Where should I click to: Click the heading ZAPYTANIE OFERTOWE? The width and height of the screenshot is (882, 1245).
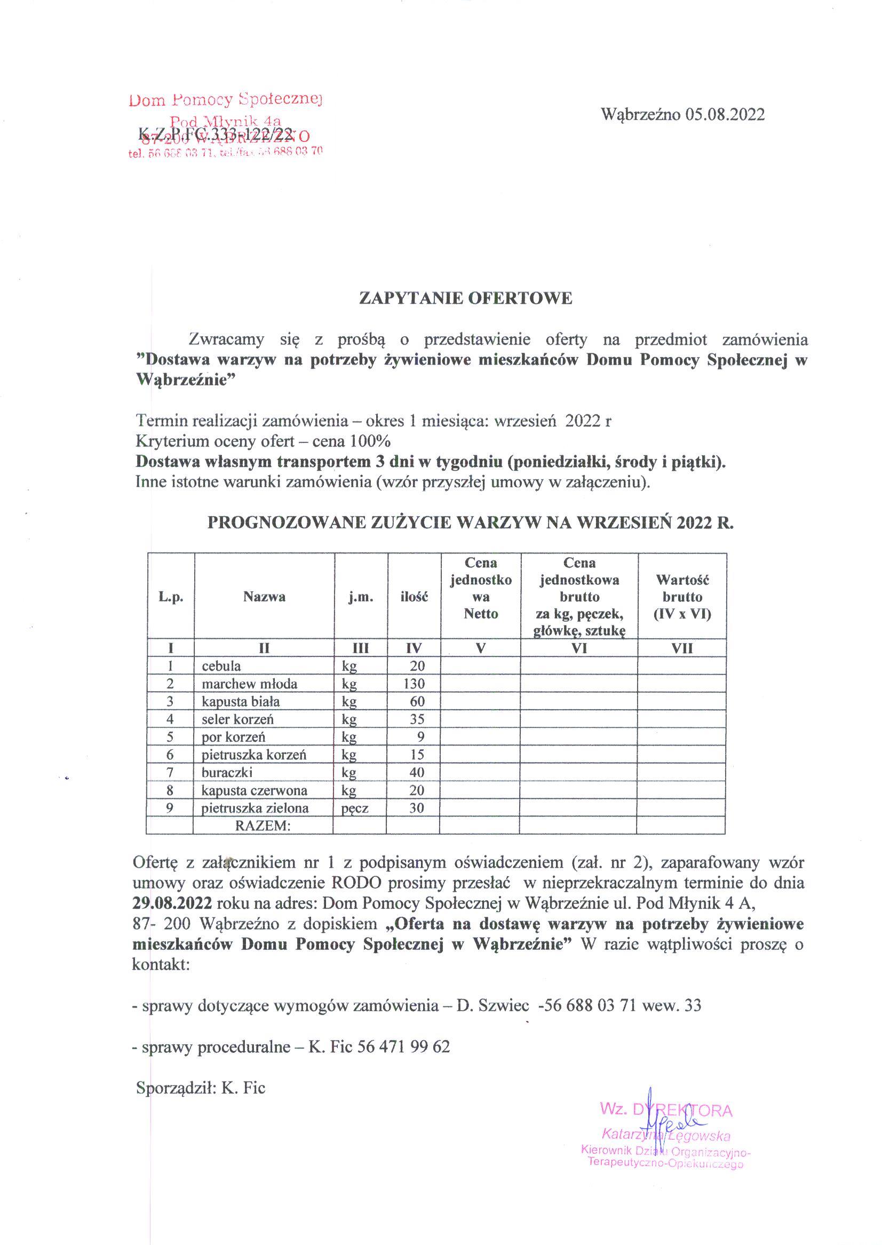pos(465,298)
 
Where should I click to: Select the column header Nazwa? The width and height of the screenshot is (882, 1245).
pos(264,597)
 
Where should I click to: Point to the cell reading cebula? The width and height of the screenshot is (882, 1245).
pos(221,666)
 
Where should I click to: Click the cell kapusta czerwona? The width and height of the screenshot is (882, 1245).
pos(254,790)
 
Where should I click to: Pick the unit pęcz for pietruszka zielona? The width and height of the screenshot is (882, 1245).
pos(355,808)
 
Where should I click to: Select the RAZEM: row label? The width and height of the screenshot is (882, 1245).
pos(264,826)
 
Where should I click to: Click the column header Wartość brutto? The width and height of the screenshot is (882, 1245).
pos(682,597)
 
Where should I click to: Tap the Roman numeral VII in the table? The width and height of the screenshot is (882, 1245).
pos(682,648)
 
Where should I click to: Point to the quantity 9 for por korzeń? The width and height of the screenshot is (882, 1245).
pos(420,736)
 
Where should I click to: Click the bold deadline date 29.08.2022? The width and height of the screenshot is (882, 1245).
pos(173,903)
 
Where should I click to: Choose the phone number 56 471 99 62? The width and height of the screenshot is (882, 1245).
pos(404,1046)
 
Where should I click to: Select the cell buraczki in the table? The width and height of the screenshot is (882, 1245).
pos(227,772)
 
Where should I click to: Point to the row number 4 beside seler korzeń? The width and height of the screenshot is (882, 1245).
pos(170,719)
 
